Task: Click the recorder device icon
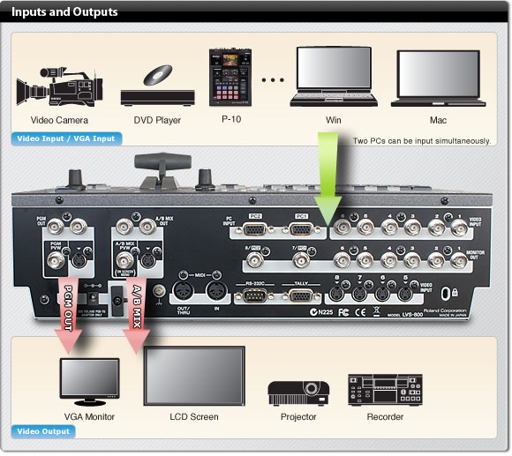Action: click(380, 389)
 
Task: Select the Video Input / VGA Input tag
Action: click(67, 138)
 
